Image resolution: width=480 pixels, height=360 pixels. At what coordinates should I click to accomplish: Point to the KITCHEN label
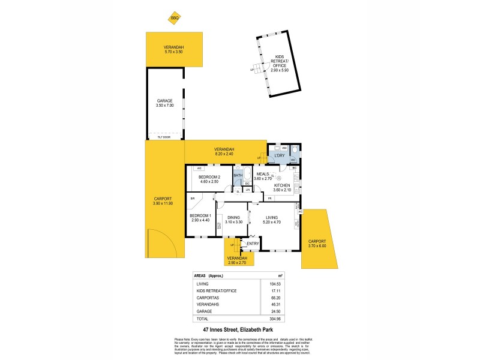pos(281,186)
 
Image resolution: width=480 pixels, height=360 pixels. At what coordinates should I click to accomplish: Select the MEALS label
pos(262,174)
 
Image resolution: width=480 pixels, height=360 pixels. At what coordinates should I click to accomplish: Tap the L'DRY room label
pos(279,157)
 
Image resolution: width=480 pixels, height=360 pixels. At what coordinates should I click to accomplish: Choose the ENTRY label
pos(253,243)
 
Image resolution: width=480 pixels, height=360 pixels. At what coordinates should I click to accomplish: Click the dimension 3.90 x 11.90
pos(163,203)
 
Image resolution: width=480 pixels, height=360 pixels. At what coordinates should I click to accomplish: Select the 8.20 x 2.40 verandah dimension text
pos(224,154)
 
